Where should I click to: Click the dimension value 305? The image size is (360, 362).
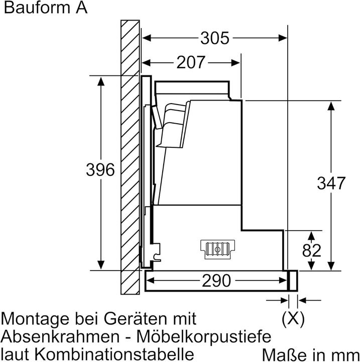click(215, 38)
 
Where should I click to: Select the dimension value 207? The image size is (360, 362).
click(191, 62)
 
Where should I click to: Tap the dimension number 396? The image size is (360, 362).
click(100, 170)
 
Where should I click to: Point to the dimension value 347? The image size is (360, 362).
click(331, 183)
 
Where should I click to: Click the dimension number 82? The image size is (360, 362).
click(312, 250)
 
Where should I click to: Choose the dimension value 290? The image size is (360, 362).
click(216, 281)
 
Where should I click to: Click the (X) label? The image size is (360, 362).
click(293, 319)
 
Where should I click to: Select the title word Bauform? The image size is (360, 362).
click(37, 8)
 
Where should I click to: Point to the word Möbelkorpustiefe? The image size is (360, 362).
click(204, 337)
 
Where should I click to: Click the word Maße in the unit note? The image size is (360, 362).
click(285, 355)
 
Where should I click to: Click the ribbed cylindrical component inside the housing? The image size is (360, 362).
click(217, 249)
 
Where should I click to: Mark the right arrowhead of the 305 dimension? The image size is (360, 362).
click(283, 38)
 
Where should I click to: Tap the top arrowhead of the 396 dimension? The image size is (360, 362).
click(101, 82)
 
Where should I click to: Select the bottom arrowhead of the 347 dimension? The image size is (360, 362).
click(331, 266)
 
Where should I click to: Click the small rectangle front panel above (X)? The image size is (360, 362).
click(293, 281)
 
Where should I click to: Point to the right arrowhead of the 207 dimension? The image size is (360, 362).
click(235, 62)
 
